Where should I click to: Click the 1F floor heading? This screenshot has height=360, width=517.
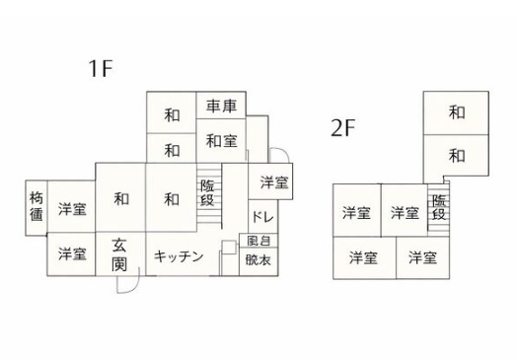point(101,68)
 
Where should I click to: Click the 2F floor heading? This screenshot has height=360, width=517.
point(342,128)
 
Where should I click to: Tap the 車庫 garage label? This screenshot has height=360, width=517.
point(222,107)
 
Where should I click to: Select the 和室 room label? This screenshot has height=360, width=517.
point(222,141)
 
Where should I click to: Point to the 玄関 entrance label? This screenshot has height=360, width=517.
point(119,254)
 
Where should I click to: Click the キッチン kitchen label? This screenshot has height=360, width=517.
point(179,256)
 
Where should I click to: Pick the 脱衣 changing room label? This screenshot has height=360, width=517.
point(258,260)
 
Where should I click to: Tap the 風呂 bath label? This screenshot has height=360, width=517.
point(258,241)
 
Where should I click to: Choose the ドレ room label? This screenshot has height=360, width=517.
point(262,217)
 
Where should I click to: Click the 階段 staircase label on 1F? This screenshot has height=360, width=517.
point(207,193)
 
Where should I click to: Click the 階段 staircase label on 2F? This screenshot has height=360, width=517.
point(439,207)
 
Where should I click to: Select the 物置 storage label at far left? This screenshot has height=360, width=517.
point(37,207)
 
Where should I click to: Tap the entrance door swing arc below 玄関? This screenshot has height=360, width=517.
point(132,286)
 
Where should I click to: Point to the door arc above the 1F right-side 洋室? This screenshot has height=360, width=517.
point(283,152)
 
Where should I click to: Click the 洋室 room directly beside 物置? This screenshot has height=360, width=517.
point(72,209)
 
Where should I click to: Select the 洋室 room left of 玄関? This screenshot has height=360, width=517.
point(72,253)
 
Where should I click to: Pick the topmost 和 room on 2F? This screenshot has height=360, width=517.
point(457,112)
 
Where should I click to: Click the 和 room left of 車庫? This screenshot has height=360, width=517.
point(172,115)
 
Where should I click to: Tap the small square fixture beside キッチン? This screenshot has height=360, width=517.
point(229,248)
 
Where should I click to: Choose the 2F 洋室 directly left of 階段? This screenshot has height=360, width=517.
point(405,213)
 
